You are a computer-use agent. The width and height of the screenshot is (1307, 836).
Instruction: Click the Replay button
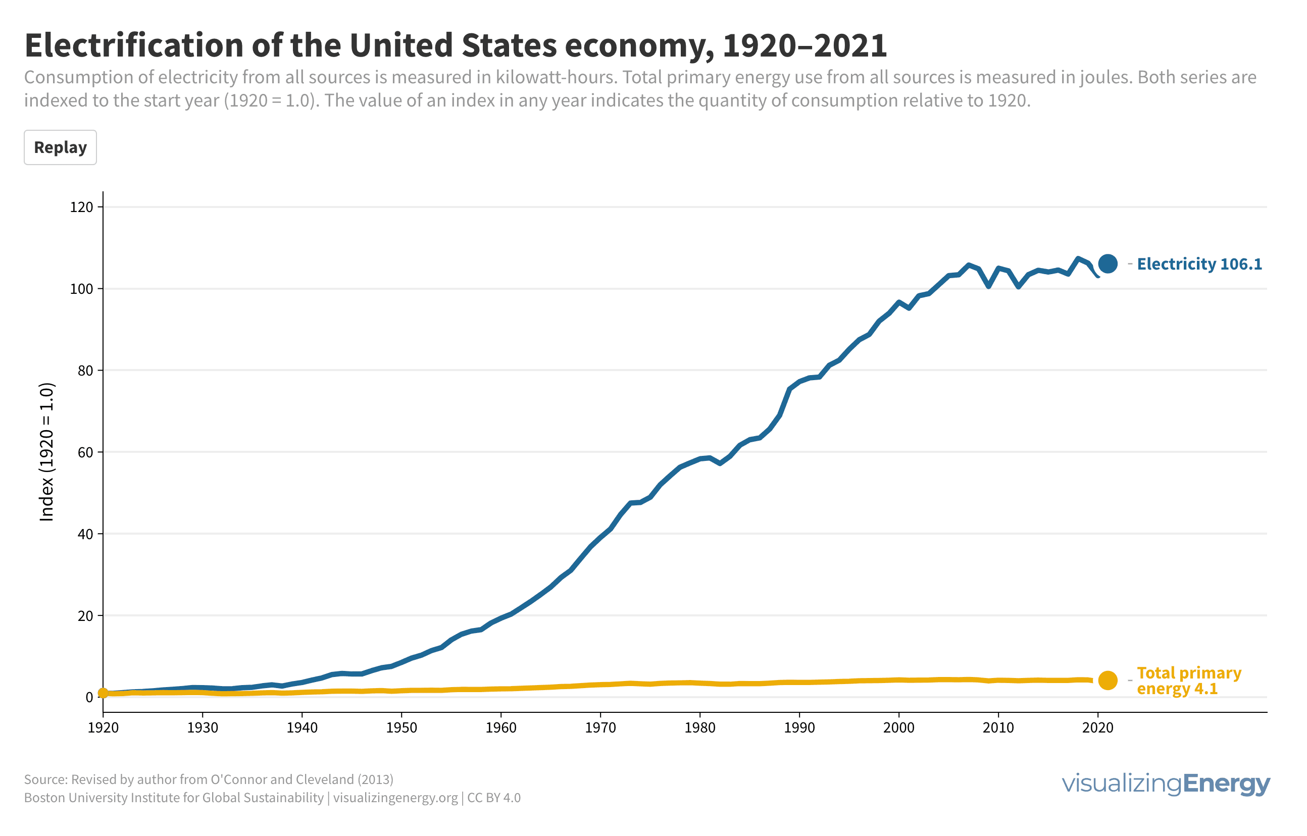[x=60, y=147]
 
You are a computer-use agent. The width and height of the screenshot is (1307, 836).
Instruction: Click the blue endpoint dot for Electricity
[x=1108, y=264]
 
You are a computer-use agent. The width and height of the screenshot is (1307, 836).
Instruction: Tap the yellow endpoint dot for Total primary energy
[x=1108, y=681]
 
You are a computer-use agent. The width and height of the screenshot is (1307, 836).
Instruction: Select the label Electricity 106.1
[x=1199, y=265]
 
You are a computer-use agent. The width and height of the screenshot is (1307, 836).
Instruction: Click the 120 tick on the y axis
[x=81, y=207]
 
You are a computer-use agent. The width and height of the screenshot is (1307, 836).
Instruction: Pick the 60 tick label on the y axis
[x=85, y=453]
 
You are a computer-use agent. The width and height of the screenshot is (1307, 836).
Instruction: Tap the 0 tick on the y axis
[x=89, y=698]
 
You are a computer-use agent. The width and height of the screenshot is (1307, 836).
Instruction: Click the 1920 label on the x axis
[x=103, y=728]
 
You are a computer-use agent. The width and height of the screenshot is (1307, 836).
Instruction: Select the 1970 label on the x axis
[x=600, y=728]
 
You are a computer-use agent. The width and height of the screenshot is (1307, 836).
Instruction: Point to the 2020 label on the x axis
[x=1098, y=728]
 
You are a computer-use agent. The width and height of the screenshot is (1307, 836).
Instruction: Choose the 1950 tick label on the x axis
[x=402, y=728]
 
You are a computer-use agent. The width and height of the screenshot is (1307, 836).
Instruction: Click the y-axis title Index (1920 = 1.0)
[x=47, y=452]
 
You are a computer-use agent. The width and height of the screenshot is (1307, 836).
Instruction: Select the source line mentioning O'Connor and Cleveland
[x=209, y=780]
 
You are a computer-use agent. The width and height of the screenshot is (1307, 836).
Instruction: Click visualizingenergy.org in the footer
[x=396, y=798]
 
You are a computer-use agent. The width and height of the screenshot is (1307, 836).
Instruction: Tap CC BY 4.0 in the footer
[x=493, y=798]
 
